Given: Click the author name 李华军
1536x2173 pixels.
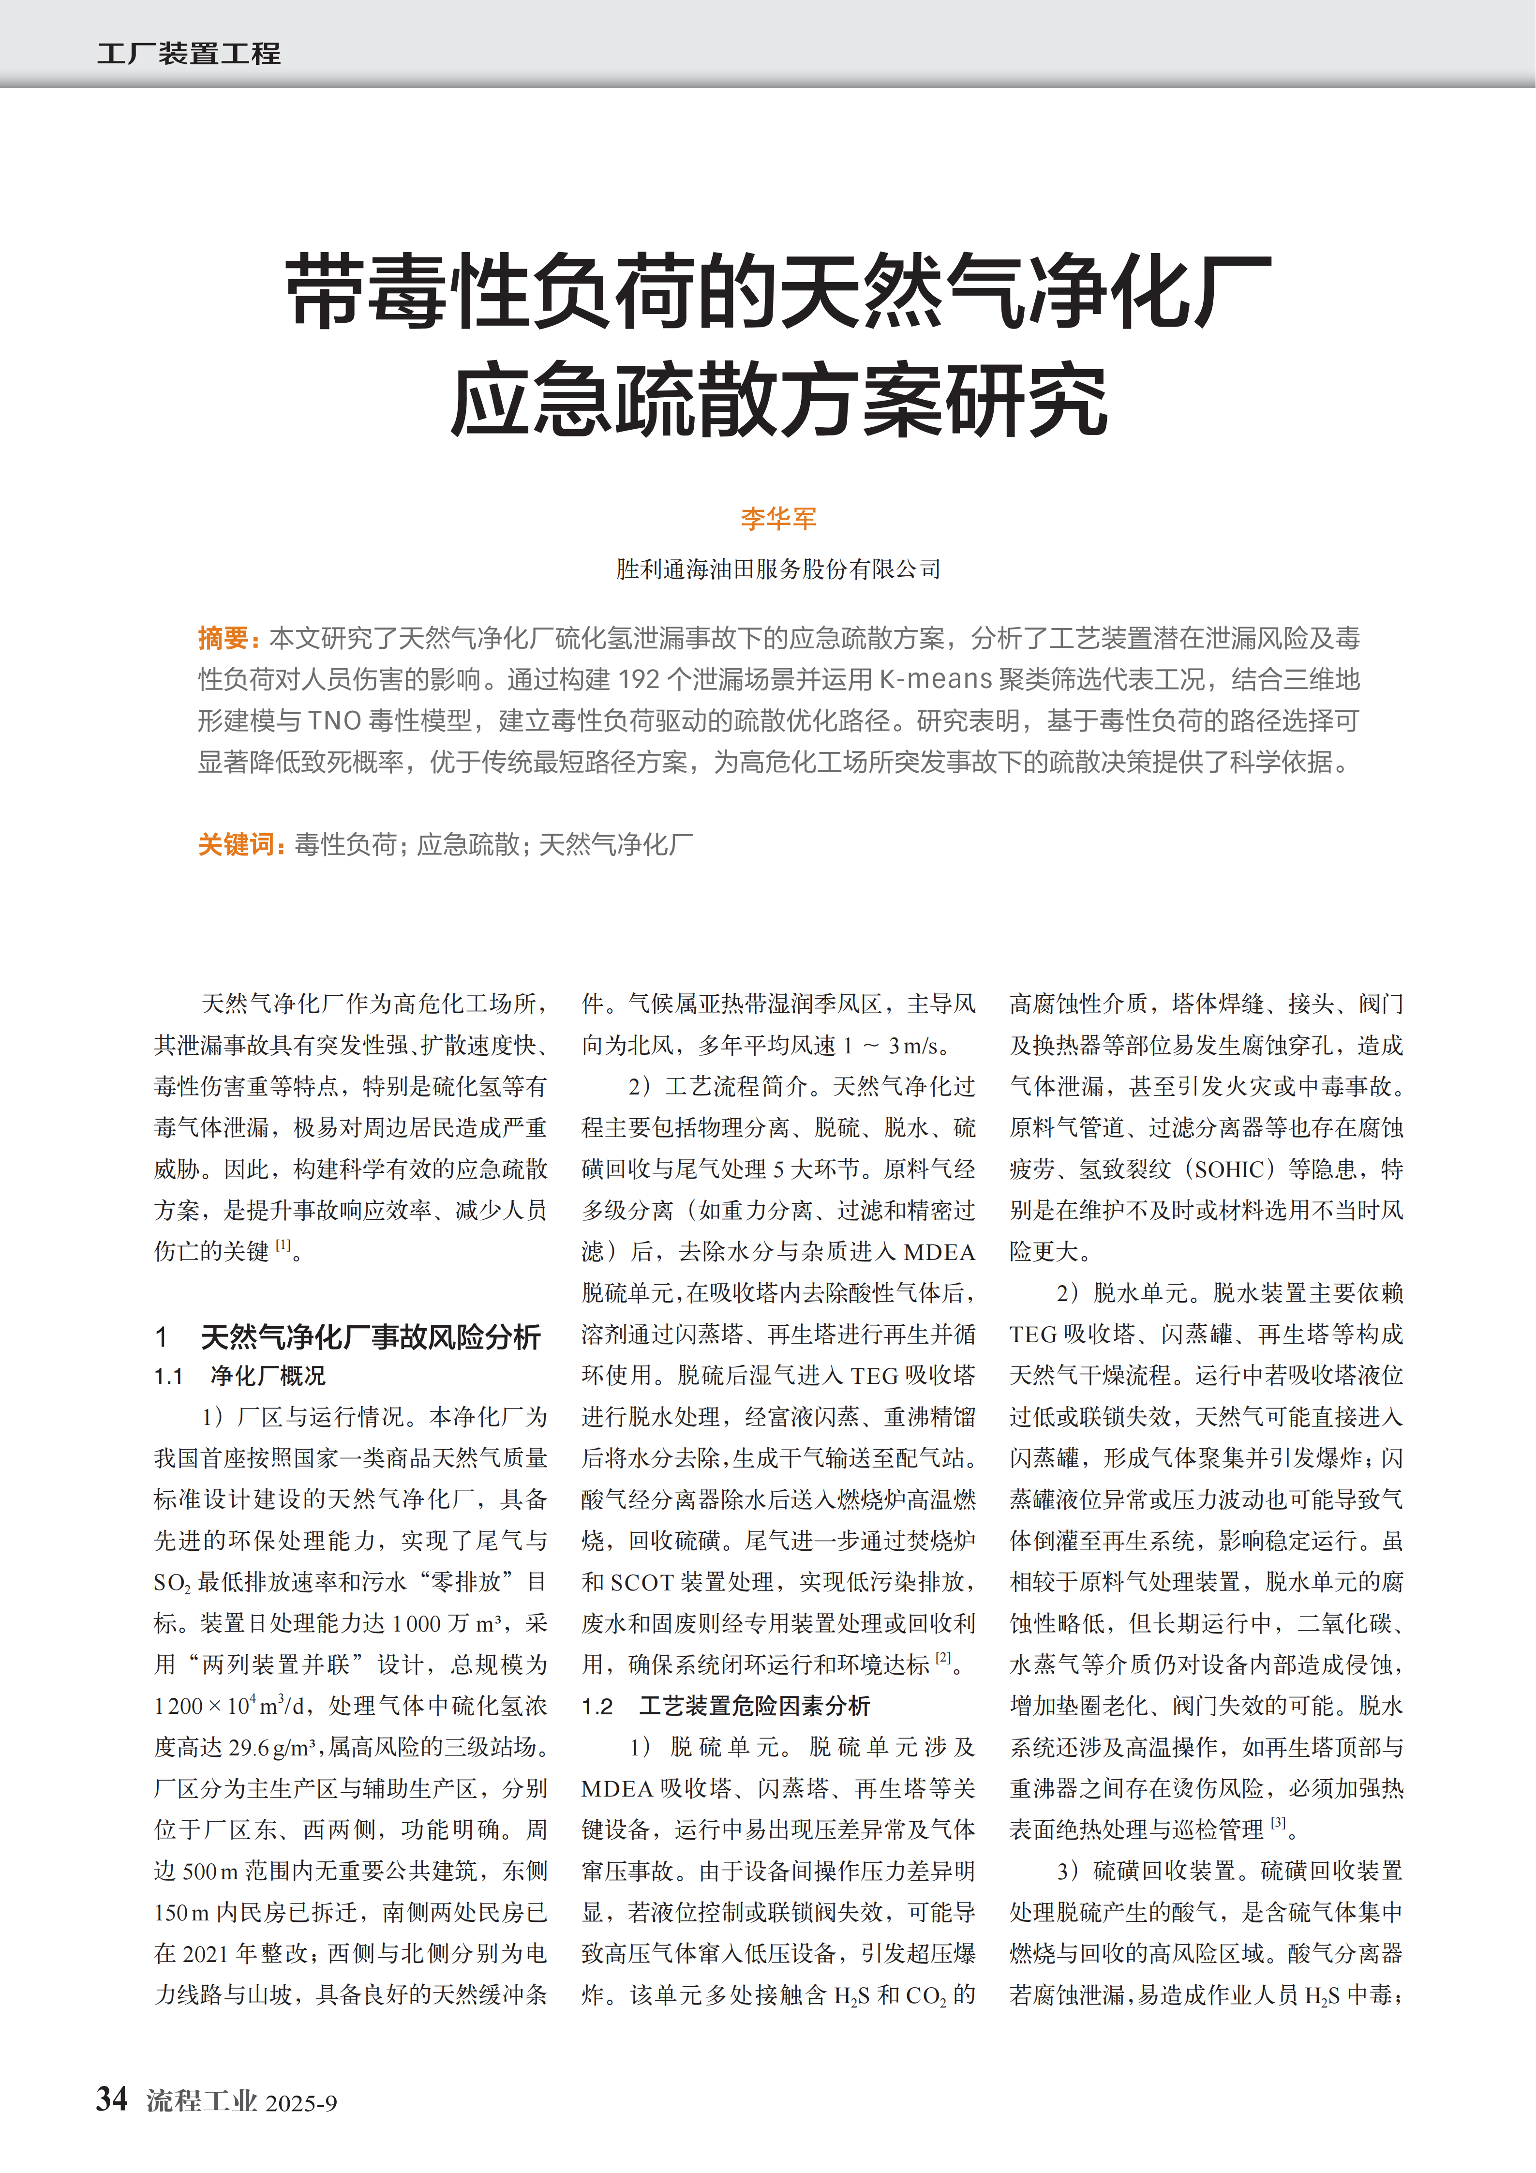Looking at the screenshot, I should [x=778, y=518].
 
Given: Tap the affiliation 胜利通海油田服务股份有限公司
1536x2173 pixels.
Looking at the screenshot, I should [x=778, y=569].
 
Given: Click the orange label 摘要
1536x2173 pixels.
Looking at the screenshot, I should [x=224, y=639].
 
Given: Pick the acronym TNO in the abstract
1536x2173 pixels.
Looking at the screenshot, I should [x=335, y=721].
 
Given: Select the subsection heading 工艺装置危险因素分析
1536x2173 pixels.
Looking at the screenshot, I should [x=754, y=1706].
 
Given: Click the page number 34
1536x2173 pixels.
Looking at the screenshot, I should [x=112, y=2099].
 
